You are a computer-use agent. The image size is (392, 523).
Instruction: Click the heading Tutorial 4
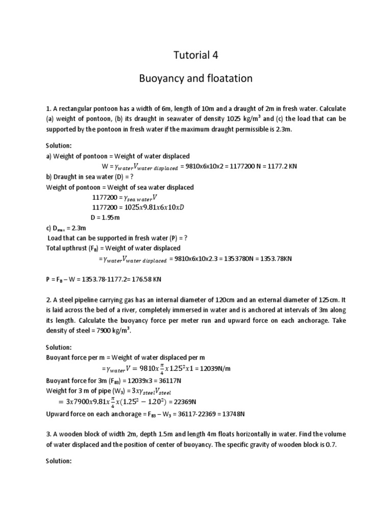[195, 55]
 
